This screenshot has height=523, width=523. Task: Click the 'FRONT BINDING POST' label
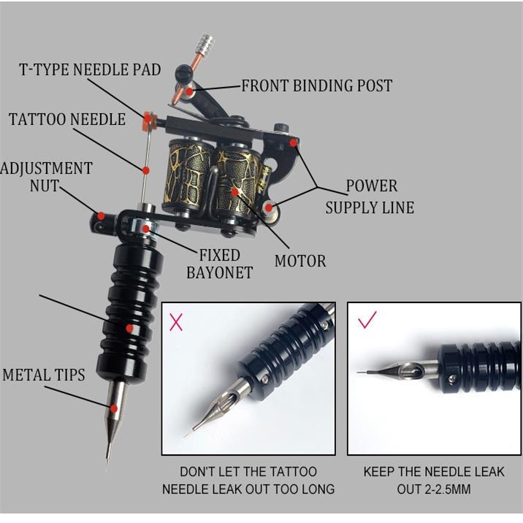pyautogui.click(x=316, y=85)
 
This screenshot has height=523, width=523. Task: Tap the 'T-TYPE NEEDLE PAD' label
pyautogui.click(x=90, y=71)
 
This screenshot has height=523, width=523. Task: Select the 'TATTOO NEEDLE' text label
pyautogui.click(x=67, y=119)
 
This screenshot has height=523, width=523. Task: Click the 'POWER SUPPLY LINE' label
pyautogui.click(x=370, y=196)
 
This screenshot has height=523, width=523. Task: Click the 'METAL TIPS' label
pyautogui.click(x=44, y=375)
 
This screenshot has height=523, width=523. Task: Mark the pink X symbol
pyautogui.click(x=176, y=321)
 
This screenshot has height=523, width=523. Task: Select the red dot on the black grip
pyautogui.click(x=129, y=329)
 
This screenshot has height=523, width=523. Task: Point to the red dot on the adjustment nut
pyautogui.click(x=102, y=217)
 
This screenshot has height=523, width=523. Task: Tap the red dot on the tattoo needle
pyautogui.click(x=146, y=170)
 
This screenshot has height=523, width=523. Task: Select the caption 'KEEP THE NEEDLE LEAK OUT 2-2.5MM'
pyautogui.click(x=434, y=480)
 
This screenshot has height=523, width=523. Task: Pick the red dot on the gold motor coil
pyautogui.click(x=235, y=191)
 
